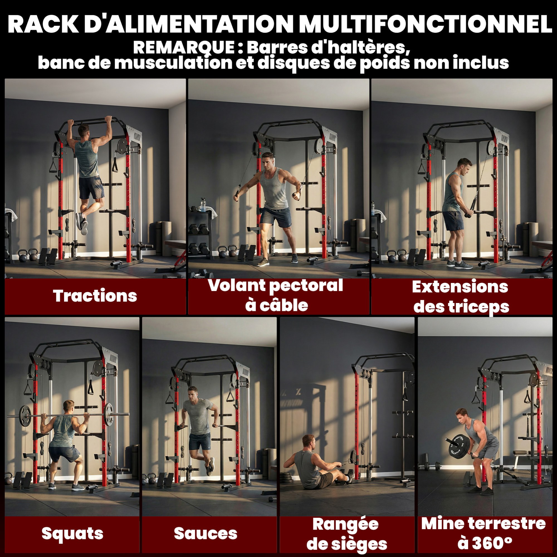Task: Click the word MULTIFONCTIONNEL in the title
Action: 425,24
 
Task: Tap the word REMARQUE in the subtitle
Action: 184,48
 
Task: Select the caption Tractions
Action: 95,296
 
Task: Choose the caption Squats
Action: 72,533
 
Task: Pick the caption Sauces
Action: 206,533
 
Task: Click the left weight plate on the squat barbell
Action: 25,416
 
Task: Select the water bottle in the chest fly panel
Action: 203,205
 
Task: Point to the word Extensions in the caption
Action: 460,287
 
